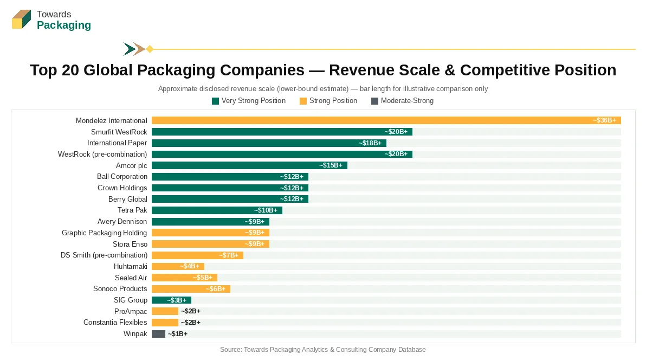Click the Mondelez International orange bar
pos(386,120)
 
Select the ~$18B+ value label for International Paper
pos(370,143)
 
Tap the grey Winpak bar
pos(158,333)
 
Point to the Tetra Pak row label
pos(132,210)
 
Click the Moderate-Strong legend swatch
pos(374,101)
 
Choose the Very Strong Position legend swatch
pos(215,101)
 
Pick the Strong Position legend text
pos(333,101)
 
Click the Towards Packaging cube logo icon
pos(22,20)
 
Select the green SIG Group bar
pos(171,300)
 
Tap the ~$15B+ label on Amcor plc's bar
pos(331,165)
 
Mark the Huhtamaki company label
pos(130,266)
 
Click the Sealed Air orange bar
pos(184,278)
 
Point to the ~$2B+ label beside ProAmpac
pos(191,311)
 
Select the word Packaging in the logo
pos(64,25)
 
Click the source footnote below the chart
pos(323,350)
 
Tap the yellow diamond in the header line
pos(150,49)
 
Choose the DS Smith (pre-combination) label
pos(104,255)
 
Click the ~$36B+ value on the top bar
pos(604,120)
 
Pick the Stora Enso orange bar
pos(210,244)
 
